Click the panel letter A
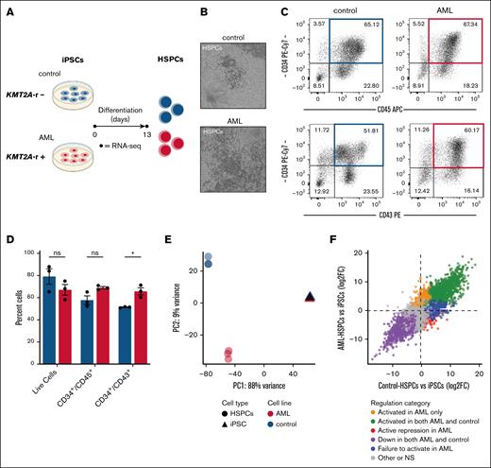coord(8,9)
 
